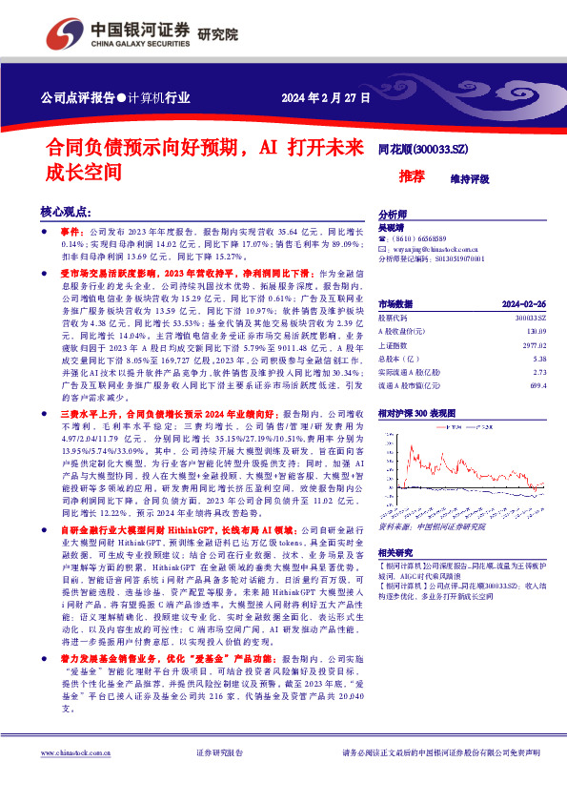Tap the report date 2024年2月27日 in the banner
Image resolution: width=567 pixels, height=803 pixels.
(x=324, y=97)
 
